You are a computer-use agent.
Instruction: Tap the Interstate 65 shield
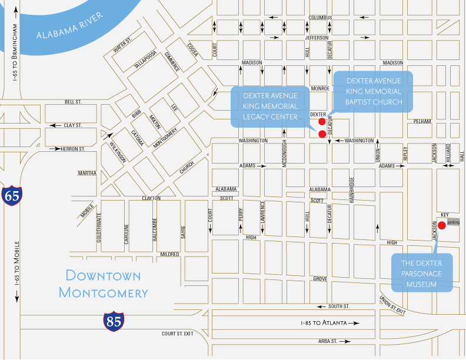click(x=11, y=196)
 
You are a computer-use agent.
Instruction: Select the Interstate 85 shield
click(x=113, y=321)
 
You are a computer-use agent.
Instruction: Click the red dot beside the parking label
click(x=442, y=224)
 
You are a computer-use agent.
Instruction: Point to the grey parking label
click(x=453, y=222)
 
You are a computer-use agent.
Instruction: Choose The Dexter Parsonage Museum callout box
click(x=422, y=274)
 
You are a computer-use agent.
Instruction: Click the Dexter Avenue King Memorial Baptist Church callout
click(x=374, y=91)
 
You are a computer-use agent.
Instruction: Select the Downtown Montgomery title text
click(x=104, y=284)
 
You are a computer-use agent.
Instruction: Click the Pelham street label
click(x=422, y=121)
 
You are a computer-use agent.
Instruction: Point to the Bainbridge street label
click(x=352, y=189)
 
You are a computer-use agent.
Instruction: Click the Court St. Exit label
click(x=178, y=334)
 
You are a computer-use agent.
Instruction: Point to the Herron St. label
click(x=73, y=149)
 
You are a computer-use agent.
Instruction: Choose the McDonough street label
click(x=284, y=154)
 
